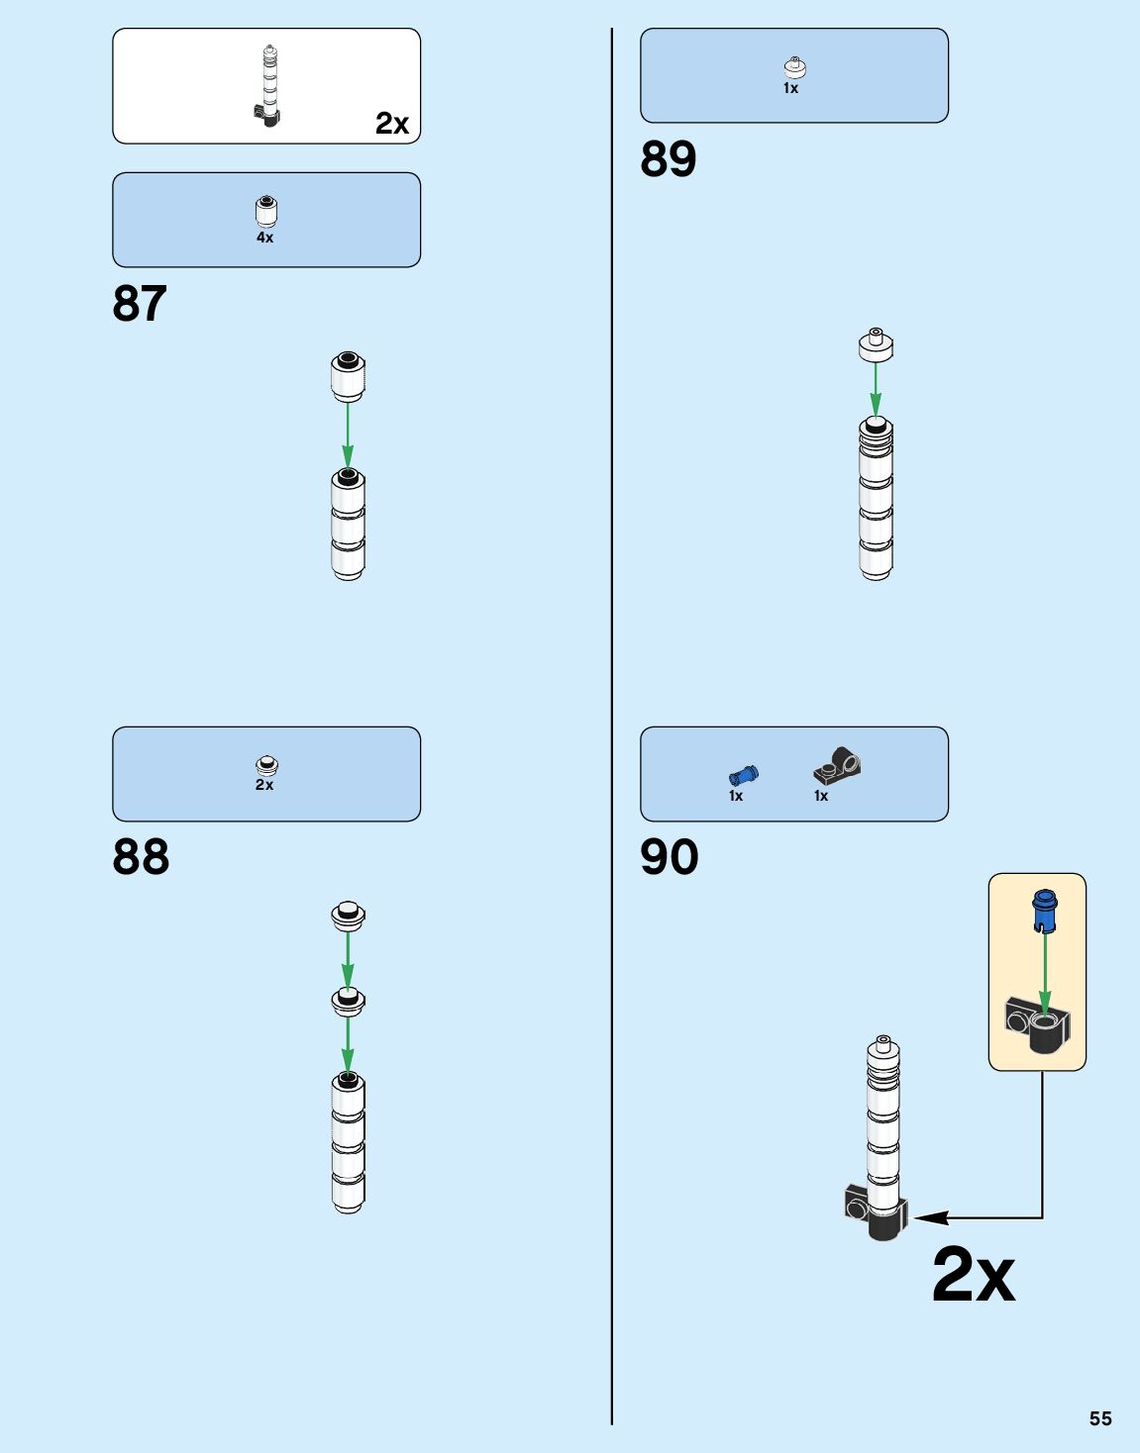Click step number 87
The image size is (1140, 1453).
click(x=140, y=304)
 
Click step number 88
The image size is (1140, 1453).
click(x=141, y=857)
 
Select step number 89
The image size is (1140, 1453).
click(x=669, y=159)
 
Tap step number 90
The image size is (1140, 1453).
click(x=670, y=857)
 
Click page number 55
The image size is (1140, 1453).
click(x=1100, y=1418)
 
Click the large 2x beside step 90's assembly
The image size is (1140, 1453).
click(x=974, y=1275)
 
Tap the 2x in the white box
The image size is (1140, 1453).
click(x=392, y=124)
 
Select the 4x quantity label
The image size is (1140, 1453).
click(x=265, y=239)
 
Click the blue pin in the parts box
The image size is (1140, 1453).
click(x=743, y=775)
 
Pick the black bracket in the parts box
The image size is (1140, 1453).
click(x=838, y=765)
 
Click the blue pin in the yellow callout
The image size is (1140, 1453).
click(x=1044, y=910)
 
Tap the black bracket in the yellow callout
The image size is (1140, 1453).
click(x=1037, y=1024)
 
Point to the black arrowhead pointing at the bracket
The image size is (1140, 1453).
click(x=930, y=1217)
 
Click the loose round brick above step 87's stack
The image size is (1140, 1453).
click(x=348, y=376)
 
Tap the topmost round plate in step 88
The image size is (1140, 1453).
click(x=348, y=915)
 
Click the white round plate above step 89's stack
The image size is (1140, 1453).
click(x=876, y=344)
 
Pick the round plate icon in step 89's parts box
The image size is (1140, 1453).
click(x=794, y=67)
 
